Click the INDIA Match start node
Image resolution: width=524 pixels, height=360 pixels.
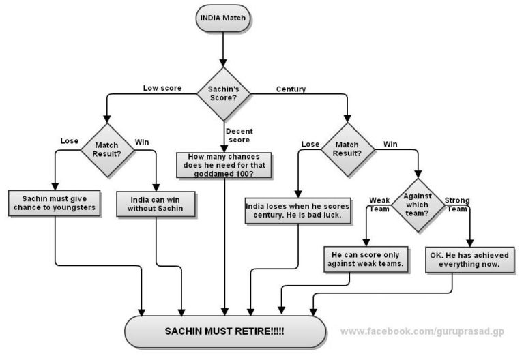coord(223,18)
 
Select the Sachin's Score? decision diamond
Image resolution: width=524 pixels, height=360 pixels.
coord(223,94)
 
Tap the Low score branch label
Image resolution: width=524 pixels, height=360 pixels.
coord(162,88)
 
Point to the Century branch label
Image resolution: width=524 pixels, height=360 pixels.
coord(291,89)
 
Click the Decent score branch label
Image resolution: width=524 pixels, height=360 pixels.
coord(239,136)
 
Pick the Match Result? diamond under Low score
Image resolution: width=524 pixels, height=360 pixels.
coord(107,150)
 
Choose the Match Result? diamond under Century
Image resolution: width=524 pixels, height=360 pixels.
coord(347,149)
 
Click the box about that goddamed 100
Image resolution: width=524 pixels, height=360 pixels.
coord(224,165)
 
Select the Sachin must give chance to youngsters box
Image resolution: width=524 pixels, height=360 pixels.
coord(55,203)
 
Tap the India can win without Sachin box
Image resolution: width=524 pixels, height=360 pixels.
coord(156,204)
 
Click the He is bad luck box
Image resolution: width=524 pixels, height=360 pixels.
coord(297,211)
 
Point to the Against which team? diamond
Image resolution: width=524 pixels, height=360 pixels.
coord(418,205)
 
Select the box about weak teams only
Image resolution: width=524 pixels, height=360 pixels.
coord(366,260)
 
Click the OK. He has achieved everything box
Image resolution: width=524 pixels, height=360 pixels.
coord(470,260)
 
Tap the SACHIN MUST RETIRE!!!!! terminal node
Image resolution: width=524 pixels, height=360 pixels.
coord(225,331)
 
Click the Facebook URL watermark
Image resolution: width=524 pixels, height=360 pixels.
coord(422,331)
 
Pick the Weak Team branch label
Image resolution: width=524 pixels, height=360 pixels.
coord(379,205)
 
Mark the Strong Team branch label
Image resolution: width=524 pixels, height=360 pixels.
coord(457,205)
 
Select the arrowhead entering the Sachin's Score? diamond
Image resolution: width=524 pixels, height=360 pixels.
coord(223,63)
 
